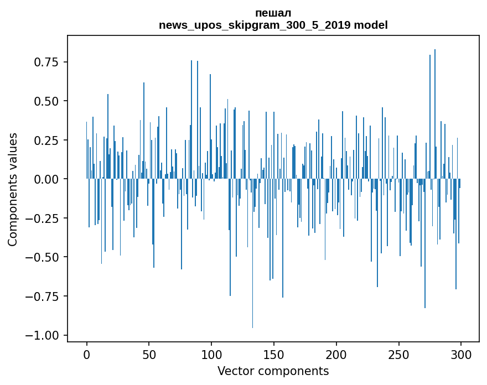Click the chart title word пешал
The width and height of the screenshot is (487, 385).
[273, 13]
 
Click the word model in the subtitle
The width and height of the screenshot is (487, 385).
[371, 25]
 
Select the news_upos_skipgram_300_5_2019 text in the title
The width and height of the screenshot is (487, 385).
[255, 25]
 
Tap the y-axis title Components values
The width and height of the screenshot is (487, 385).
[13, 189]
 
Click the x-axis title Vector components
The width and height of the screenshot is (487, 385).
[273, 371]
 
